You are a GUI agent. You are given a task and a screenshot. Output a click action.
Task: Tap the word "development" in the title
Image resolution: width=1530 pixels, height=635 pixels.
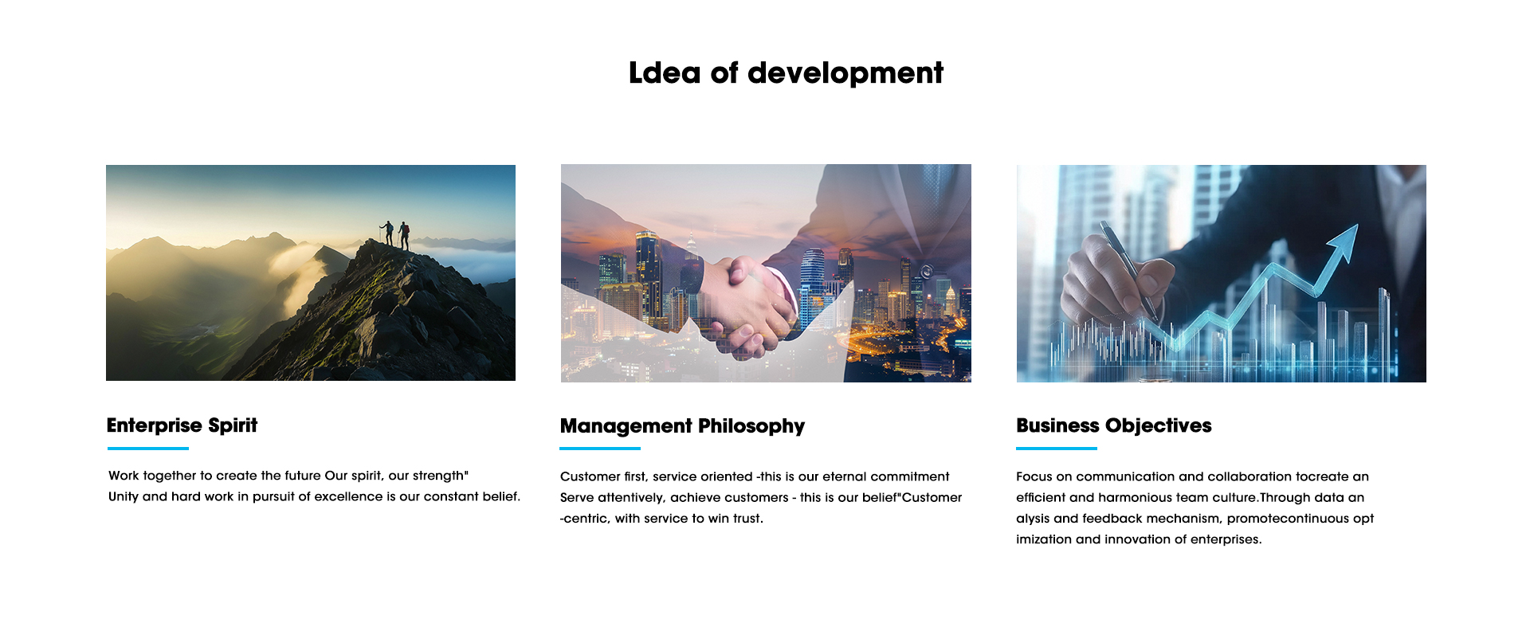(x=845, y=73)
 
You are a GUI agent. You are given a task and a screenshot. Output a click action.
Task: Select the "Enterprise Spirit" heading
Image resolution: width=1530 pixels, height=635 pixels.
(x=182, y=425)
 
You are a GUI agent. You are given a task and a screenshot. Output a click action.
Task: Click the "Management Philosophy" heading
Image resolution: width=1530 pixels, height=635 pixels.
(x=682, y=426)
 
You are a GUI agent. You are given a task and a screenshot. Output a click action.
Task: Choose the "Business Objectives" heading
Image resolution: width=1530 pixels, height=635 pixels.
(x=1113, y=425)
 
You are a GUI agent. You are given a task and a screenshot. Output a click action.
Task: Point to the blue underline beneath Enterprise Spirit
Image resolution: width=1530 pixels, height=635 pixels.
(x=147, y=449)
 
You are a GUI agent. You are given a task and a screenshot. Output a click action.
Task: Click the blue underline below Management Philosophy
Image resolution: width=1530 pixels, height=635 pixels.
(x=600, y=449)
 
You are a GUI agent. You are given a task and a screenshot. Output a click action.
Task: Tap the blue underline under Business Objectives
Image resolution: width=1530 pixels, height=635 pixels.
(x=1057, y=449)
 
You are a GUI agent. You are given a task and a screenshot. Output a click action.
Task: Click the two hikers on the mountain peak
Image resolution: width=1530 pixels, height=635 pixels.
(x=395, y=234)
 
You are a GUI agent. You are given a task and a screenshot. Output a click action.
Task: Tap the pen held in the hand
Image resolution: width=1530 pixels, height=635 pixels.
(x=1128, y=272)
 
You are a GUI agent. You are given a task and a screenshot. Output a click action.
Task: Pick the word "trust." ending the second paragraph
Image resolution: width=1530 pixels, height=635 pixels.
(x=748, y=518)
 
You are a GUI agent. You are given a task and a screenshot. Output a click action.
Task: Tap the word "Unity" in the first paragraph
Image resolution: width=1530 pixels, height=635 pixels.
(x=124, y=496)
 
